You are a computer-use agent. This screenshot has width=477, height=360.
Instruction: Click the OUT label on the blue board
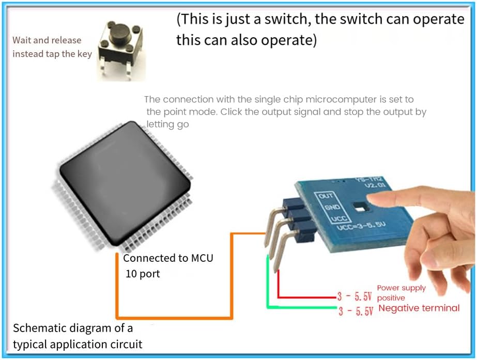[326, 196]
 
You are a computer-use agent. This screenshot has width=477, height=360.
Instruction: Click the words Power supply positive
[401, 293]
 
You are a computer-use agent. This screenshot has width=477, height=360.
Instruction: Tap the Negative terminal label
[419, 308]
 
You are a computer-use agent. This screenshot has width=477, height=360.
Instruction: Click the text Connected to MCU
[168, 258]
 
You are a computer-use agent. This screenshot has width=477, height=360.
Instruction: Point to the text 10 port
[143, 274]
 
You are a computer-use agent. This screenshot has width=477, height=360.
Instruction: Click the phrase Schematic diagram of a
[73, 328]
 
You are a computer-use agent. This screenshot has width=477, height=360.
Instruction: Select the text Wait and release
[47, 40]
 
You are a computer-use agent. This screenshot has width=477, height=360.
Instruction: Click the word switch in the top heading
[295, 20]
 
